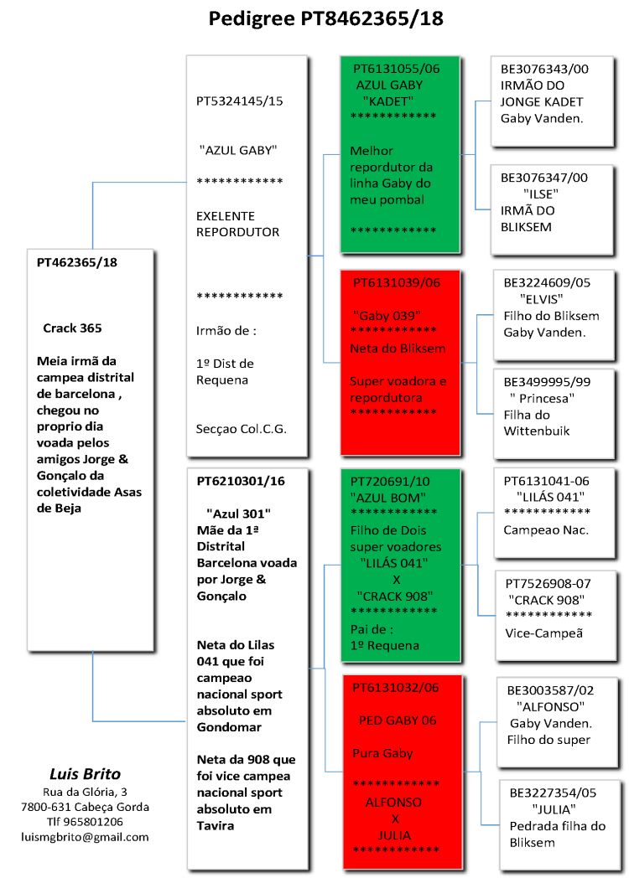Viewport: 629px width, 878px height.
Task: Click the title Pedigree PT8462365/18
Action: tap(325, 18)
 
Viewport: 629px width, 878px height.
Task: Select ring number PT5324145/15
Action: tap(239, 101)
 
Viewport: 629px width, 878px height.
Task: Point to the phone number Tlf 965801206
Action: tap(85, 821)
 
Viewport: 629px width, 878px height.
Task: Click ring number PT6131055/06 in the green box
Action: tap(396, 68)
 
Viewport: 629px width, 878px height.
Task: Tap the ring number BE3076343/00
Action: tap(543, 70)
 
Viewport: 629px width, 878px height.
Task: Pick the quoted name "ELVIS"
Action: tap(540, 299)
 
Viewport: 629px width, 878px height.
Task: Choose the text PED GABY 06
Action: tap(397, 720)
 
